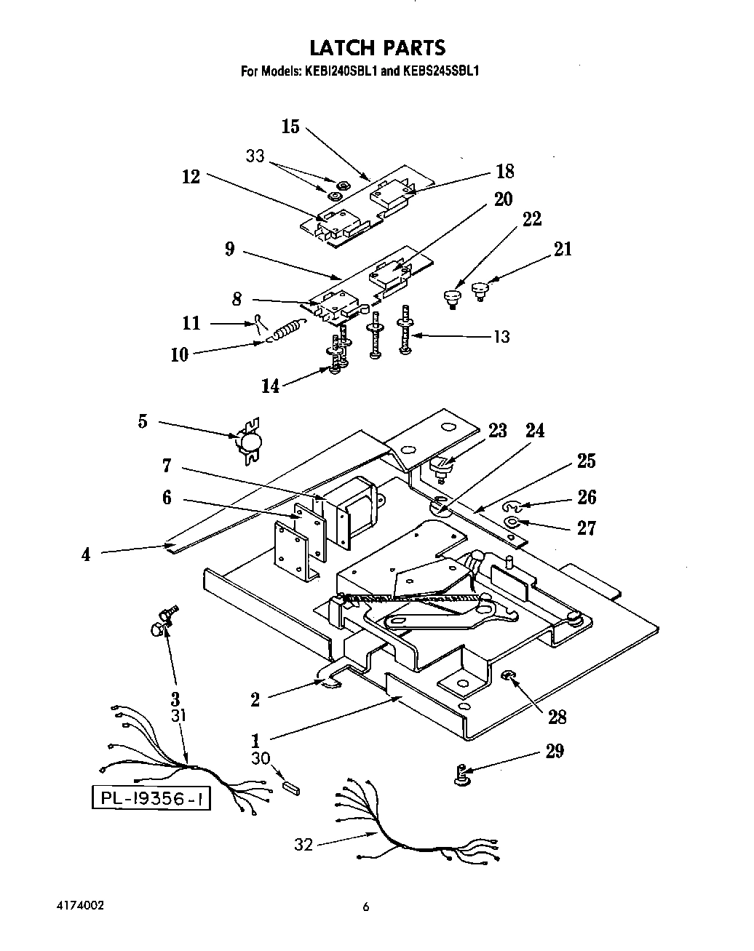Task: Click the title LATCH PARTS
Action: (x=377, y=48)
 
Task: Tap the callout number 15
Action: (x=290, y=127)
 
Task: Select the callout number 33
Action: (x=255, y=156)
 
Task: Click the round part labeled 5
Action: (x=249, y=441)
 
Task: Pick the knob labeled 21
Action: (x=480, y=290)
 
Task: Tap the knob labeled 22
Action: (x=451, y=297)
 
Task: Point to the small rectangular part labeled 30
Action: (x=291, y=786)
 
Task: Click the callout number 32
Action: (x=303, y=845)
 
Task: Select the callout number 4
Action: (x=86, y=554)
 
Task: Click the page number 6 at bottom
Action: (x=367, y=907)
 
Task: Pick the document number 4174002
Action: (x=80, y=906)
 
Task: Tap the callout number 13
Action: (x=501, y=337)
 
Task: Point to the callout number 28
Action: (x=557, y=717)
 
